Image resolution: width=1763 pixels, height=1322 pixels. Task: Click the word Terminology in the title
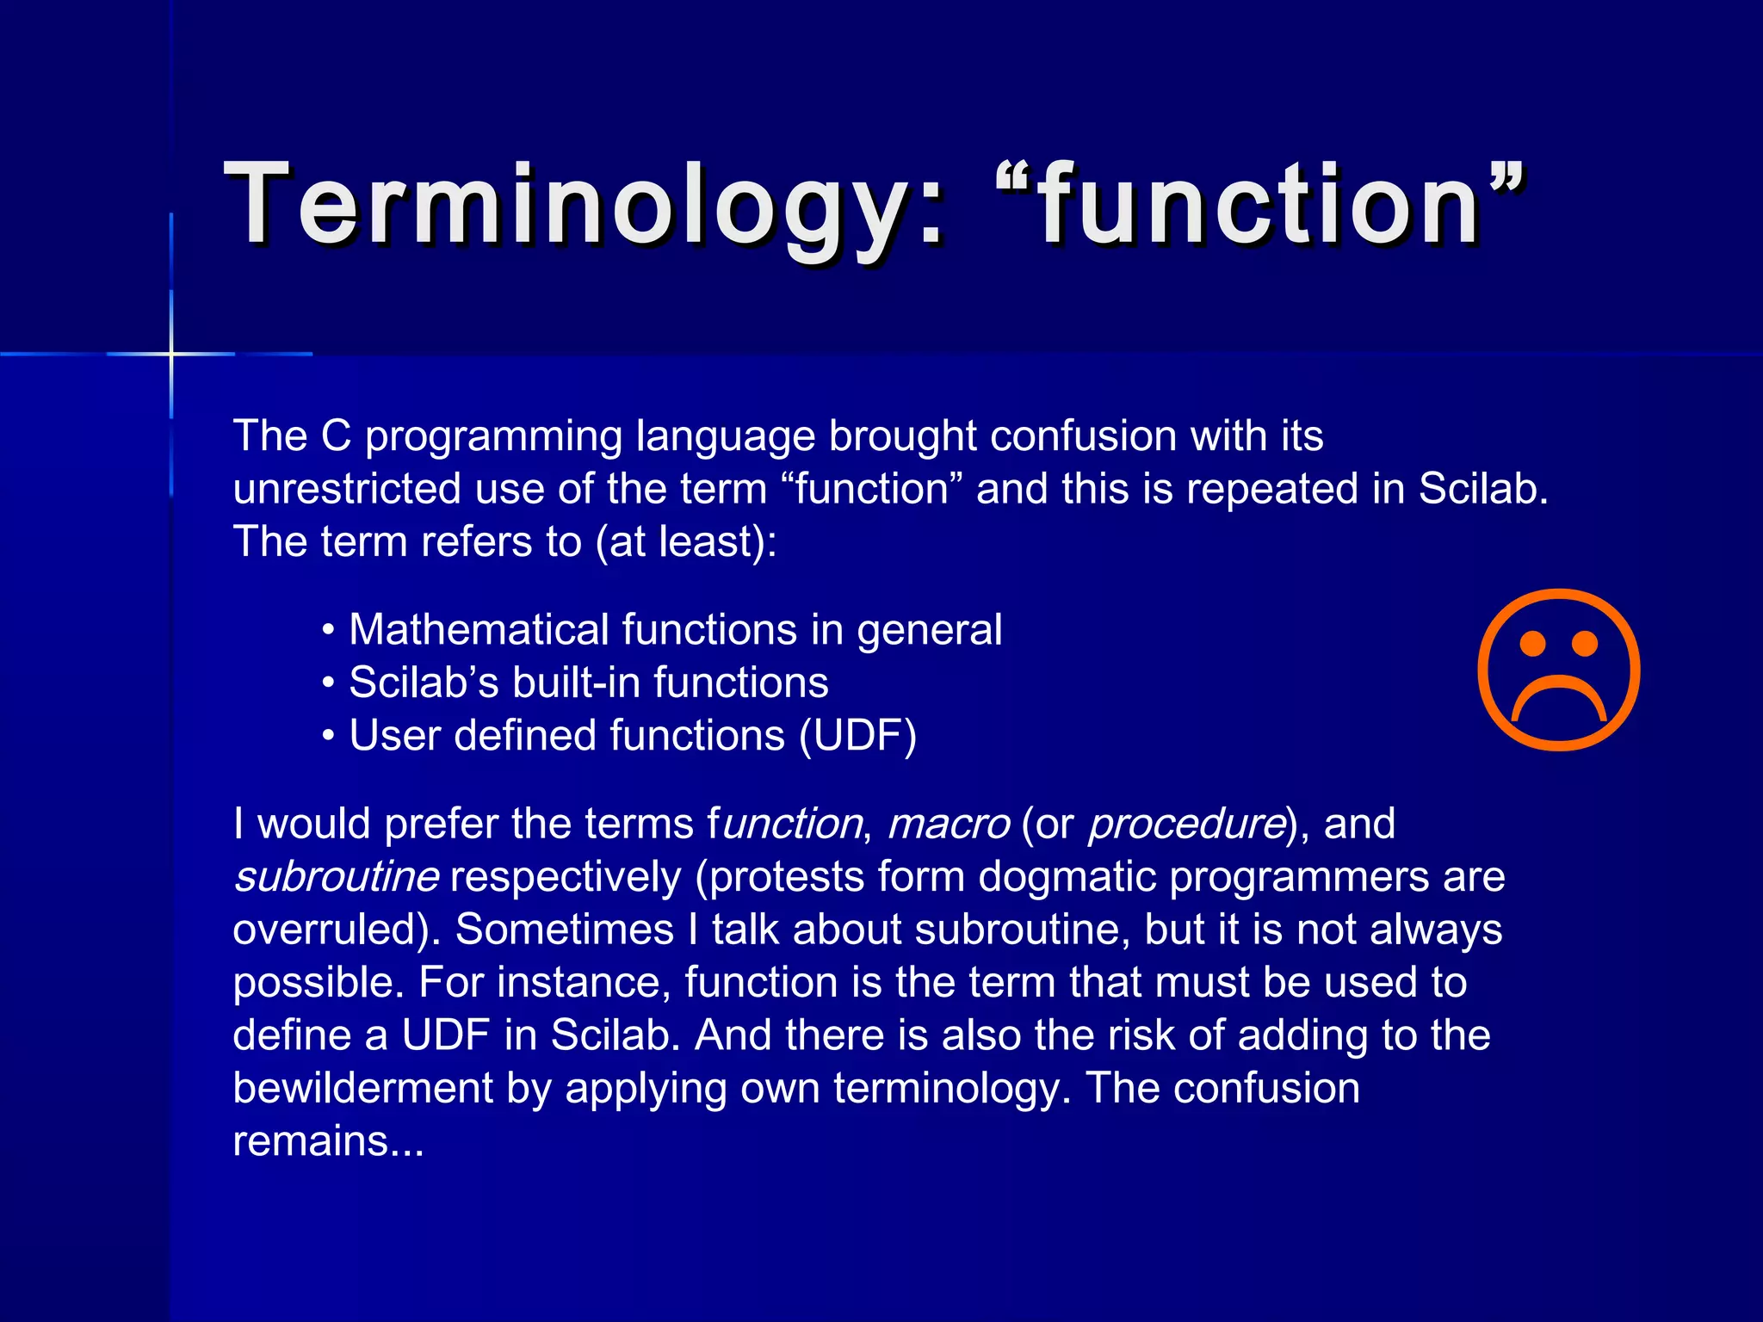click(568, 207)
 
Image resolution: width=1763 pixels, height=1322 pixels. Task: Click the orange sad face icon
click(1559, 670)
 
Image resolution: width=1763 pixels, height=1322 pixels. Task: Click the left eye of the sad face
click(1533, 643)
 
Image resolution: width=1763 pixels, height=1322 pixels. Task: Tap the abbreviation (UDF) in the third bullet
click(857, 736)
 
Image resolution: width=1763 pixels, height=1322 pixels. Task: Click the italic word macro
click(948, 824)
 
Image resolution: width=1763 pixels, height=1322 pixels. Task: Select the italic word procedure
click(1187, 824)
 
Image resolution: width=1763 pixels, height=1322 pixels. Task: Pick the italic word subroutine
click(337, 877)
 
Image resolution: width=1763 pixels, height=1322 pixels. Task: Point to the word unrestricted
click(346, 490)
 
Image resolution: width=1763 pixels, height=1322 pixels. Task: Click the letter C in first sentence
click(336, 436)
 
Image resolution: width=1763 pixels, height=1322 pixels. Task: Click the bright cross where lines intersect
click(171, 354)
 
